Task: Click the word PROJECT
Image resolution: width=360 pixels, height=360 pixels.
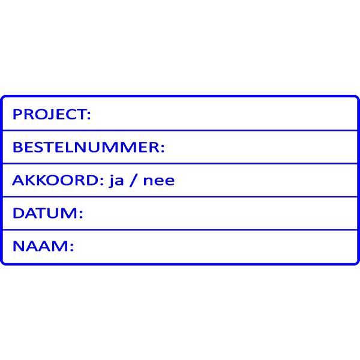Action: point(50,115)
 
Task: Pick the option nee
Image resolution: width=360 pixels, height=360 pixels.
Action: point(159,181)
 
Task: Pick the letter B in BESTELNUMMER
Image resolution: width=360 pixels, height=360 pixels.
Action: point(17,147)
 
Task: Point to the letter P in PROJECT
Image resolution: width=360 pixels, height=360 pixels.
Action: point(17,115)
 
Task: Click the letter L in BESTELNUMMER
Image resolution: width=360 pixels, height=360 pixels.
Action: point(68,147)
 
